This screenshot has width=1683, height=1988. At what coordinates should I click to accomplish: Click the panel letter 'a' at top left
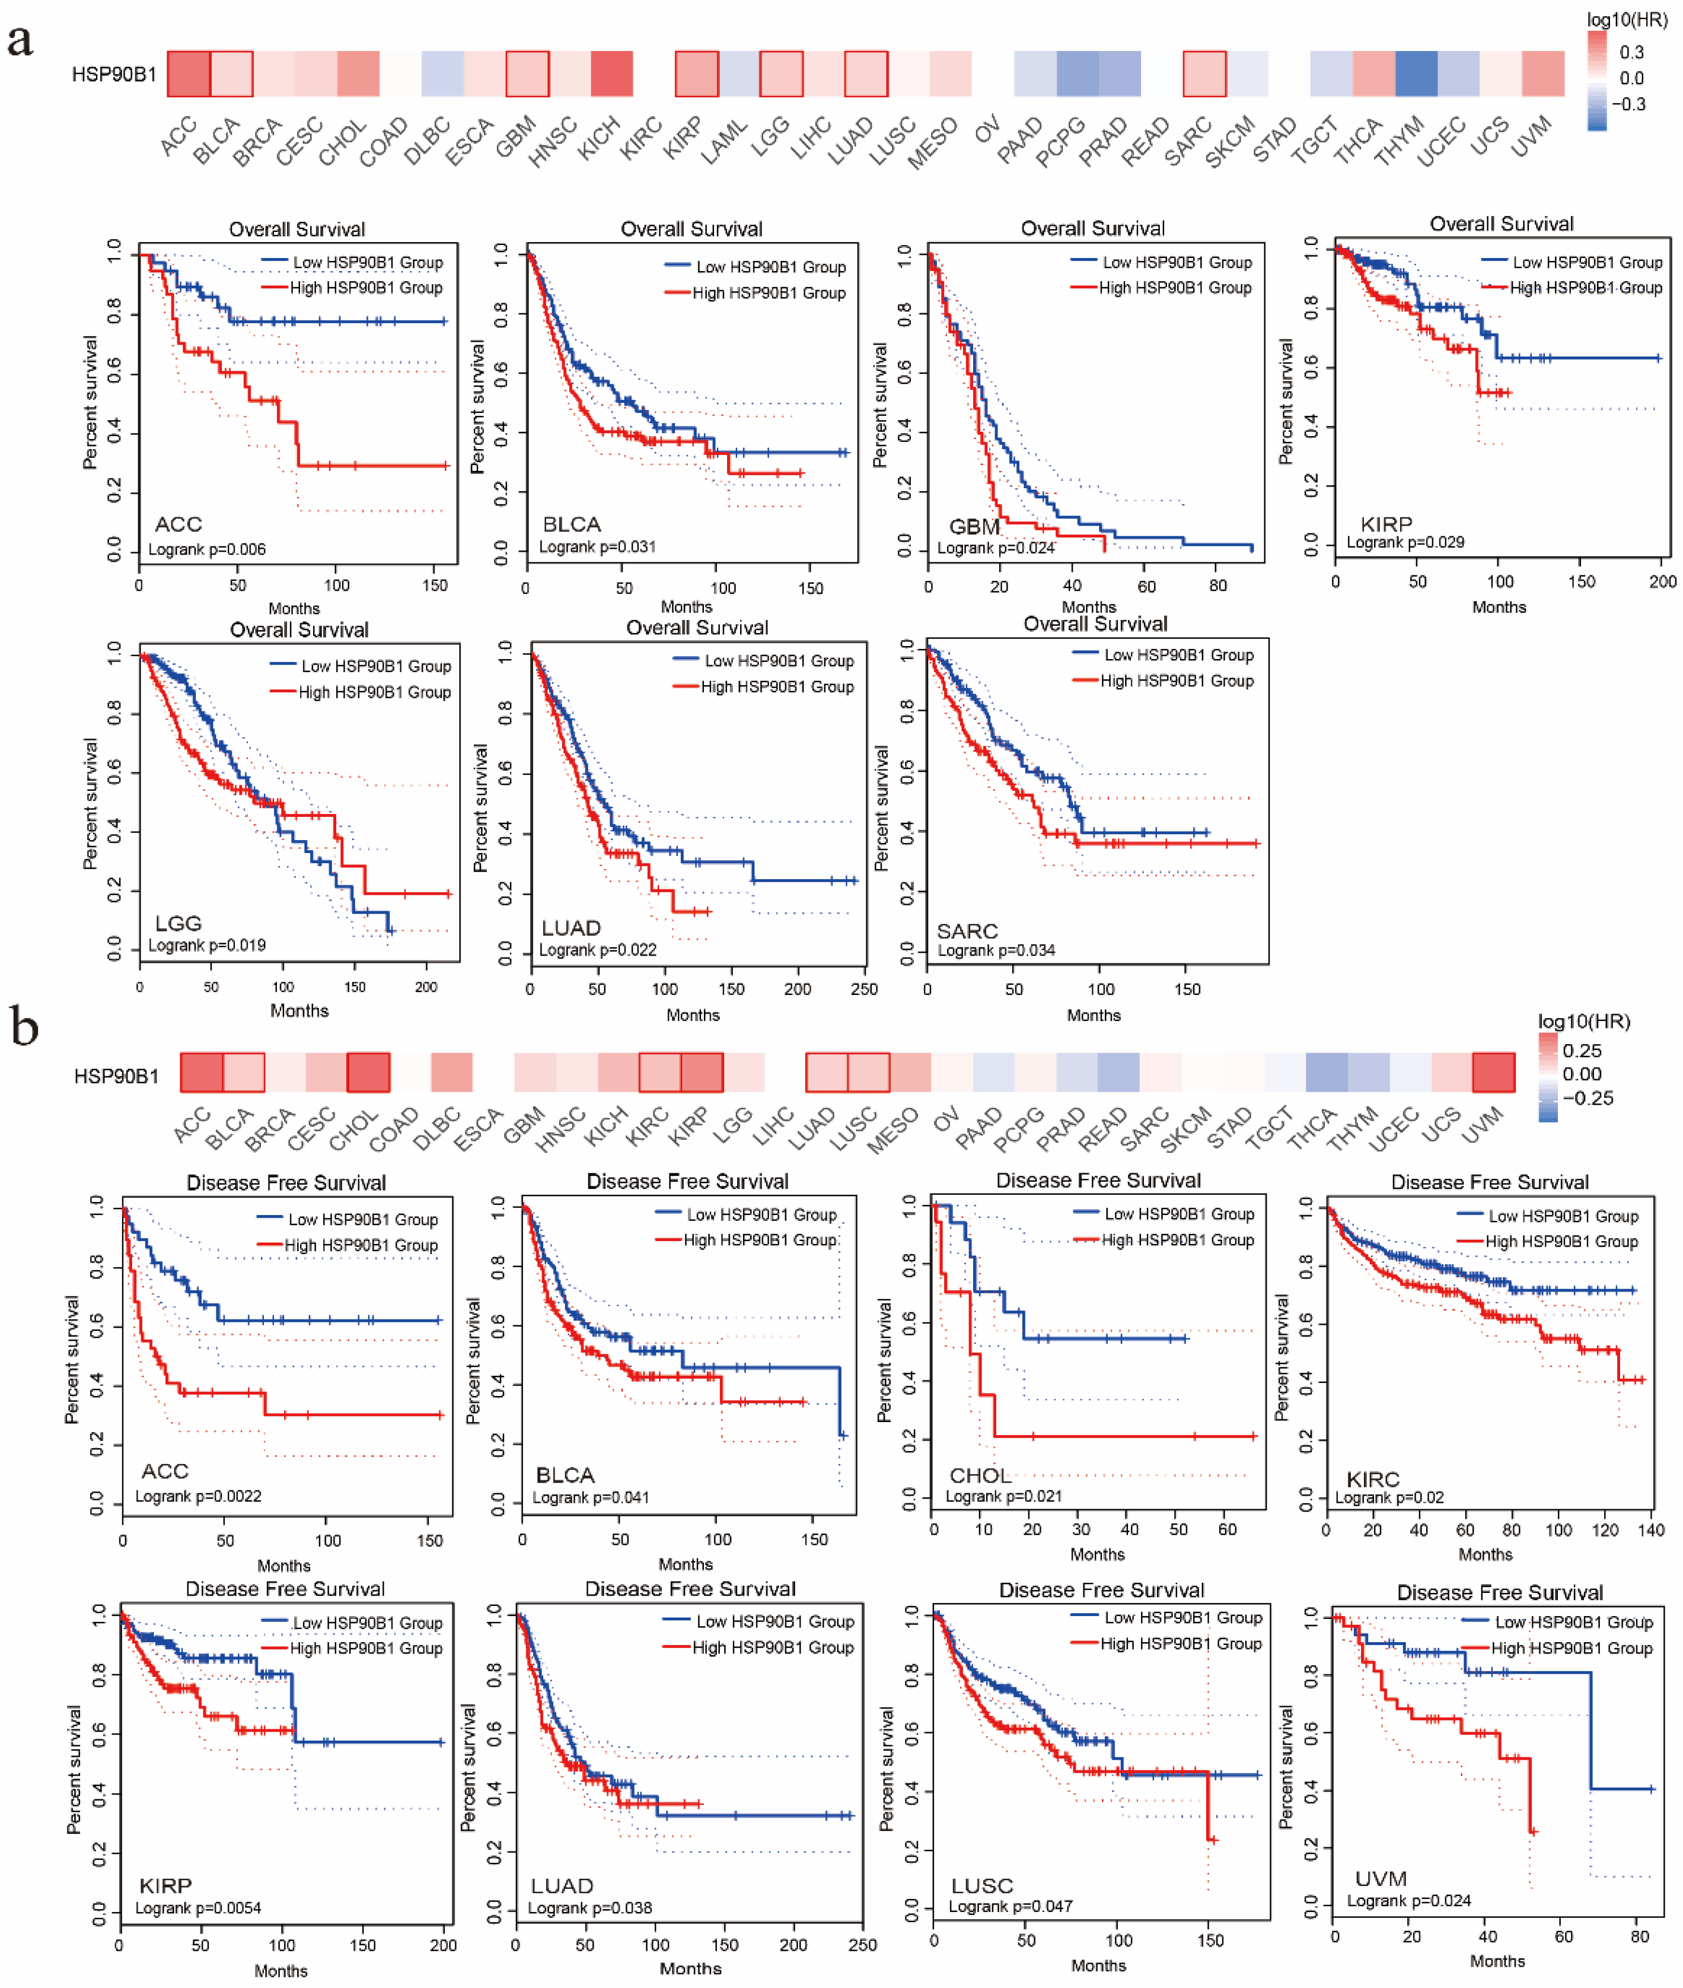pos(20,41)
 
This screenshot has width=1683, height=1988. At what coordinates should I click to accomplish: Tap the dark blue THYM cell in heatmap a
pos(1416,74)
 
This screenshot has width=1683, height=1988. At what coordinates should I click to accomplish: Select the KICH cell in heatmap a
pos(611,74)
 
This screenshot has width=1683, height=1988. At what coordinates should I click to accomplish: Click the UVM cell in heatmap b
pos(1493,1073)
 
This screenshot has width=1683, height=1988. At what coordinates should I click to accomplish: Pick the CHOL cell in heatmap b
pos(368,1073)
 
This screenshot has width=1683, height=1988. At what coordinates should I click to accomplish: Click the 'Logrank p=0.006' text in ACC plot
pos(207,550)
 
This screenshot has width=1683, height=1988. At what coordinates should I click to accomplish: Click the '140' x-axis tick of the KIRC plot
pos(1650,1530)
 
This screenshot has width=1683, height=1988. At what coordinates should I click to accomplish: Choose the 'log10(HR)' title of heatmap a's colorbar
pos(1627,19)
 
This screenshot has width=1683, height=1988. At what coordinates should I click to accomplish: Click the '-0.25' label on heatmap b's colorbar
pos(1588,1099)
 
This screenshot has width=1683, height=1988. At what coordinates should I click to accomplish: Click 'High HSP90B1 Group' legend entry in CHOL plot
pos(1177,1240)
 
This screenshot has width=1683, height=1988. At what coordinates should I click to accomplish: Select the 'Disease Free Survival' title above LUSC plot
pos(1101,1590)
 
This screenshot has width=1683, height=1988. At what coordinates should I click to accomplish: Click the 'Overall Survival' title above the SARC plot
pos(1095,624)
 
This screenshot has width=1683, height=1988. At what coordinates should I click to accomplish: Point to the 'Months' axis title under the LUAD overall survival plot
pos(693,1016)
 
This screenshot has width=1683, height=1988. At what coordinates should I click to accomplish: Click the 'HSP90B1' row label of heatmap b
pos(116,1077)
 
